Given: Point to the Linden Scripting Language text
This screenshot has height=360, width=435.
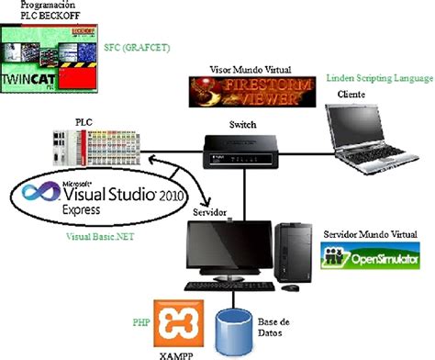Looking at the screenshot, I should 379,80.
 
